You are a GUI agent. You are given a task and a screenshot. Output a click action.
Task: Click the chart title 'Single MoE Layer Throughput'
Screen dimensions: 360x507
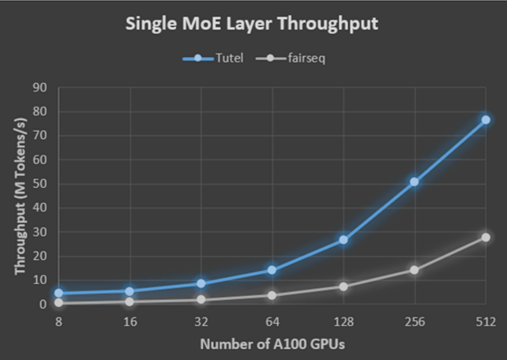coord(253,24)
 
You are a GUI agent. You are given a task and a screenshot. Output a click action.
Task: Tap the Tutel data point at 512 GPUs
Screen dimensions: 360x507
coord(486,120)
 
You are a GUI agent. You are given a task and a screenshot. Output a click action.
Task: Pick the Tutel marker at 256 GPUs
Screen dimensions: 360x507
coord(415,182)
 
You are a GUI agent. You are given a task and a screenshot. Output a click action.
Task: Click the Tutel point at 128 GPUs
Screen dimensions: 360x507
coord(344,240)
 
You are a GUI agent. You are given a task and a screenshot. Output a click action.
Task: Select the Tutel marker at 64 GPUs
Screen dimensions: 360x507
coord(272,270)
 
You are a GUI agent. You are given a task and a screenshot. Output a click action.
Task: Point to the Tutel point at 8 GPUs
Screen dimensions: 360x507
coord(59,293)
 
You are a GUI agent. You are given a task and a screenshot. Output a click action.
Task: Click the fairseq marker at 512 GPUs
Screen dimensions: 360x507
coord(486,238)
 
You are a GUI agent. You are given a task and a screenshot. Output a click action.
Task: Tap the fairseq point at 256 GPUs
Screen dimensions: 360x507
coord(415,270)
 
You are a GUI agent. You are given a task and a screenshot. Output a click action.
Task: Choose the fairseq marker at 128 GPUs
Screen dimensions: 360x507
coord(344,287)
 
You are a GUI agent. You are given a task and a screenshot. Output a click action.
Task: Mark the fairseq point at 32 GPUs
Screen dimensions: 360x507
coord(201,300)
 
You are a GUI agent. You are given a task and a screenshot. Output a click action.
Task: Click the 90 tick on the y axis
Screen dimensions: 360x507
coord(40,88)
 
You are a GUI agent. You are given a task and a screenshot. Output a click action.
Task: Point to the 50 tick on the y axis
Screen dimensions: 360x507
coord(40,184)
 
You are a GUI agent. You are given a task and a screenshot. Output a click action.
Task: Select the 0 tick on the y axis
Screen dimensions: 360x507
coord(43,304)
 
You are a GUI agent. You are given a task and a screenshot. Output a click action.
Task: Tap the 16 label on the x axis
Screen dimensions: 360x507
coord(130,322)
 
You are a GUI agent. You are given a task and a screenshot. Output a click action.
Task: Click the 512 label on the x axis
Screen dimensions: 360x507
coord(486,322)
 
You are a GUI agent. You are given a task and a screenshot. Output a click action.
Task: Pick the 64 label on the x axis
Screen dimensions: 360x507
coord(272,322)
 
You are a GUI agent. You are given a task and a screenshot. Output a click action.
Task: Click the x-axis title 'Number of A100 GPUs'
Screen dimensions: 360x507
coord(272,344)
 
